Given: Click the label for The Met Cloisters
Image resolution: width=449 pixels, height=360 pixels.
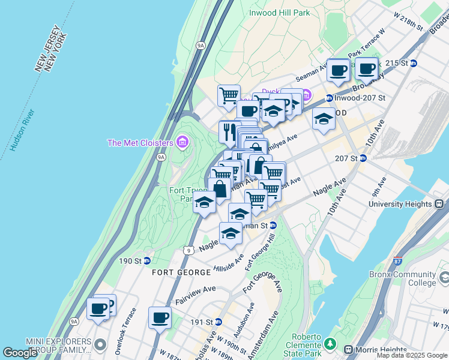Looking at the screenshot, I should pos(140,142).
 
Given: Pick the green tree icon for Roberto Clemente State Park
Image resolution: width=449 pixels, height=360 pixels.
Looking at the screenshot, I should pos(330,344).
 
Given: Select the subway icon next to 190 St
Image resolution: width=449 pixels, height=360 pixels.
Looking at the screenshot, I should pos(146,260).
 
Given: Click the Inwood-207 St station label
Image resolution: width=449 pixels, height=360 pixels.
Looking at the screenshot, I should pos(360,98).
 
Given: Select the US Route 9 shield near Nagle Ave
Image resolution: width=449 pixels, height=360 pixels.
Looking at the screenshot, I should pos(189,250).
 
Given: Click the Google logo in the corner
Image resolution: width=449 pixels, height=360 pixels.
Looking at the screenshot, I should pos(20,353).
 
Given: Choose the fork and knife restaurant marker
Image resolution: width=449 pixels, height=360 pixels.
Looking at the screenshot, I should pos(230,132).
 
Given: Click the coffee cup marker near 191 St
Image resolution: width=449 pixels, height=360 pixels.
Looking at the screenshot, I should pos(160,317).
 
